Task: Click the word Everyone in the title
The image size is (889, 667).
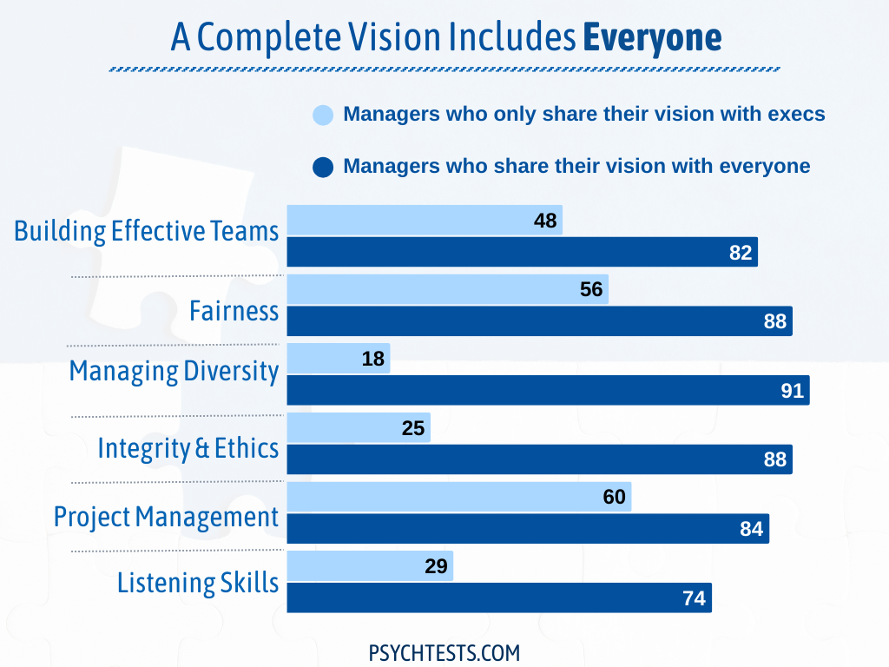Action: coord(651,37)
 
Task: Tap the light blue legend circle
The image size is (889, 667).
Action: coord(323,115)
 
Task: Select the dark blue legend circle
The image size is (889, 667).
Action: coord(323,167)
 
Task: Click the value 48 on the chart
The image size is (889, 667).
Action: coord(545,221)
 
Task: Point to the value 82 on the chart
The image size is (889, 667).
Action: coord(741,253)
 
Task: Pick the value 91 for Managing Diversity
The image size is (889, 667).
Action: coord(793,391)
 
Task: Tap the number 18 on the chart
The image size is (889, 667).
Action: coord(373,359)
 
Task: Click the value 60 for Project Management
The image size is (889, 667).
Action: coord(615,498)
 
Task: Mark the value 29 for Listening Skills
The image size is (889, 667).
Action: coord(437,567)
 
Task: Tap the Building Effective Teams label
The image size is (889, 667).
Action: coord(147,231)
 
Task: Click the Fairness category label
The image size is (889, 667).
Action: coord(234,311)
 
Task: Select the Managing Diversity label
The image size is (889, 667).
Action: coord(174,371)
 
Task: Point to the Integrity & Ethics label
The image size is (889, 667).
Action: coord(188,448)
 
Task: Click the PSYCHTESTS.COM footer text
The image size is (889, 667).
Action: coord(444,652)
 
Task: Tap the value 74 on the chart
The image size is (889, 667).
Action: coord(695,598)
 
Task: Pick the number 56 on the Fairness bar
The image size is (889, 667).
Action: coord(591,289)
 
